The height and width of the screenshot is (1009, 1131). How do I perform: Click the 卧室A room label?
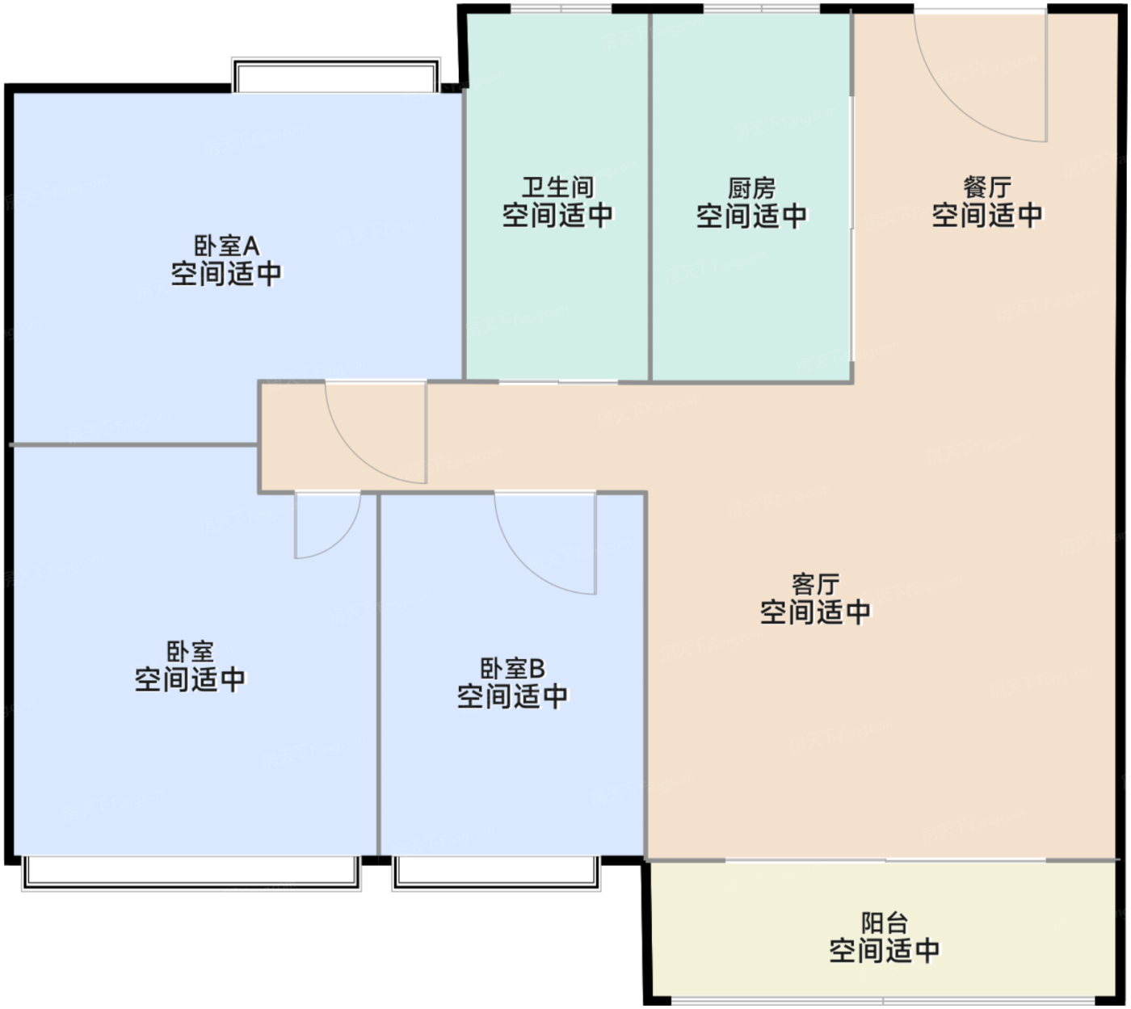(x=226, y=246)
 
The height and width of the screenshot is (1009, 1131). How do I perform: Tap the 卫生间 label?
(x=557, y=187)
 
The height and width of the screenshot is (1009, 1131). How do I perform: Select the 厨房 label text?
(x=751, y=189)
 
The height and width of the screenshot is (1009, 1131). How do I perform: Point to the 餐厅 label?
(x=987, y=187)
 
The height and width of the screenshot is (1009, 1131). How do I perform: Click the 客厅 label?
(x=816, y=585)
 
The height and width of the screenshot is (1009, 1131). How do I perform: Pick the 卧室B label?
(x=512, y=669)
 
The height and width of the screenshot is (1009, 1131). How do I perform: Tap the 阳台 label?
(x=885, y=923)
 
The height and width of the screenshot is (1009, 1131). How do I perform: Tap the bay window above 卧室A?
(x=335, y=75)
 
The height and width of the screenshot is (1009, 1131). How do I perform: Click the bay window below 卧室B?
(x=496, y=873)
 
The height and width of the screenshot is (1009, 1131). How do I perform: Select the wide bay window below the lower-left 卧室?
(x=191, y=873)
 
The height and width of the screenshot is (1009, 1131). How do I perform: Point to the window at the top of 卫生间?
(x=561, y=9)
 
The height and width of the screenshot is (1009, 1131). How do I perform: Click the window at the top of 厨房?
(x=762, y=9)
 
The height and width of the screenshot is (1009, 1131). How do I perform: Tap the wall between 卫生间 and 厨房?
(x=650, y=197)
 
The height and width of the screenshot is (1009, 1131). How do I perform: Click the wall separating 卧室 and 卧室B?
(x=379, y=675)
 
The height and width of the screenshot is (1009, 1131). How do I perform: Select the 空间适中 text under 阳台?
(x=885, y=950)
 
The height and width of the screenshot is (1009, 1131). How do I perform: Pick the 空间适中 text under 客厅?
(x=816, y=612)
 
